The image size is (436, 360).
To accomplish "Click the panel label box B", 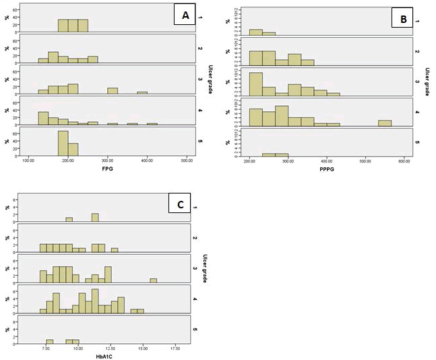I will click(402, 20).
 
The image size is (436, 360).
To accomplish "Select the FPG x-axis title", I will click(106, 169).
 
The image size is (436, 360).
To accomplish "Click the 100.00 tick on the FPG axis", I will click(28, 160).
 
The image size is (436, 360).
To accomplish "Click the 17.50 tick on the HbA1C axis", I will click(175, 348).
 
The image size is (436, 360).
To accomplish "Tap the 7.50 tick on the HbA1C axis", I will click(46, 348).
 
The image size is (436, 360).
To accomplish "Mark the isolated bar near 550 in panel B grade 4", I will click(385, 123).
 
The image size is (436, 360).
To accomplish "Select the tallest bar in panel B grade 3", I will click(255, 84).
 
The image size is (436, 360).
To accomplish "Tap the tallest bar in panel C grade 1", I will click(95, 217).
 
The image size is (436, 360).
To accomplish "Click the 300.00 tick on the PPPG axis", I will click(288, 161).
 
